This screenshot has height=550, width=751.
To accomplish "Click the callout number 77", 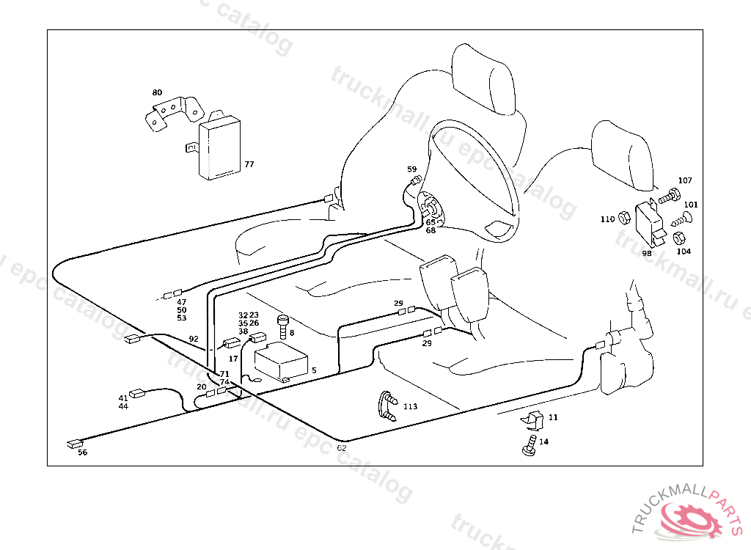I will point(249,164).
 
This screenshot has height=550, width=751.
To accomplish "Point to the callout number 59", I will point(411,169).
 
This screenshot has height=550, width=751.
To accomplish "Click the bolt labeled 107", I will point(670,197).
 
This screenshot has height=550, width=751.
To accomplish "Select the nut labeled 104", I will point(679,238).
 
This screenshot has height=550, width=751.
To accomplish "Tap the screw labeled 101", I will point(681,218).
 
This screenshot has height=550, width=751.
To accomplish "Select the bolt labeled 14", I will point(527,446).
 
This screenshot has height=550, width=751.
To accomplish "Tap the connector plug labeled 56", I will point(74,443).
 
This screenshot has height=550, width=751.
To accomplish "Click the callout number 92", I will point(194,339).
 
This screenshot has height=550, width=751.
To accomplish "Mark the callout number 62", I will point(342,448).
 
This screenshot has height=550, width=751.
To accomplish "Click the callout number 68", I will point(431,230).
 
